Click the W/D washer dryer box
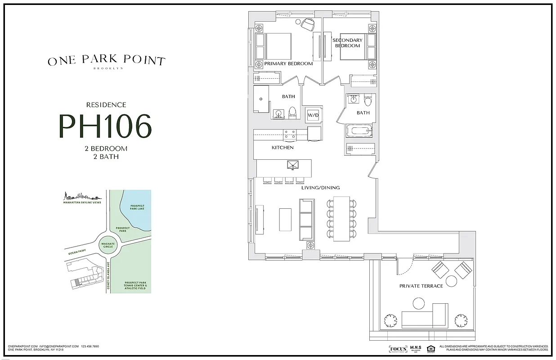[x=313, y=115]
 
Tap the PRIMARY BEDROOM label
[x=288, y=64]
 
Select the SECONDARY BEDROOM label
[x=347, y=43]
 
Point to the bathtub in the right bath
[x=359, y=132]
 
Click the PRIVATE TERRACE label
[x=421, y=286]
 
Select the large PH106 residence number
[x=105, y=126]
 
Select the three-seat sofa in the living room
[x=307, y=220]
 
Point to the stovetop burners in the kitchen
[x=289, y=134]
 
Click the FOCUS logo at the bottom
[x=398, y=349]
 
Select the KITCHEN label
[x=282, y=148]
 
